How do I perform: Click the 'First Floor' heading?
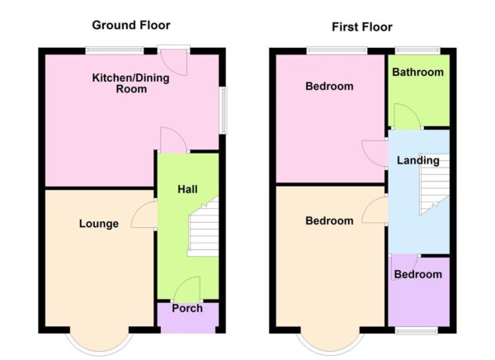363,26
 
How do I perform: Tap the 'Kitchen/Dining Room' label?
119,83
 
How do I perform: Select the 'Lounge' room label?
99,224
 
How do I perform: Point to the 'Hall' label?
187,189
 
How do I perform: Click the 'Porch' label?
186,309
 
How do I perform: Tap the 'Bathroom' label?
417,73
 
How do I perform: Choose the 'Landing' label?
417,160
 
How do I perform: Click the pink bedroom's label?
329,86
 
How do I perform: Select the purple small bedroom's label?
417,274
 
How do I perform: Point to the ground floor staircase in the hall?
203,230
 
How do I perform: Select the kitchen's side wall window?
221,108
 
